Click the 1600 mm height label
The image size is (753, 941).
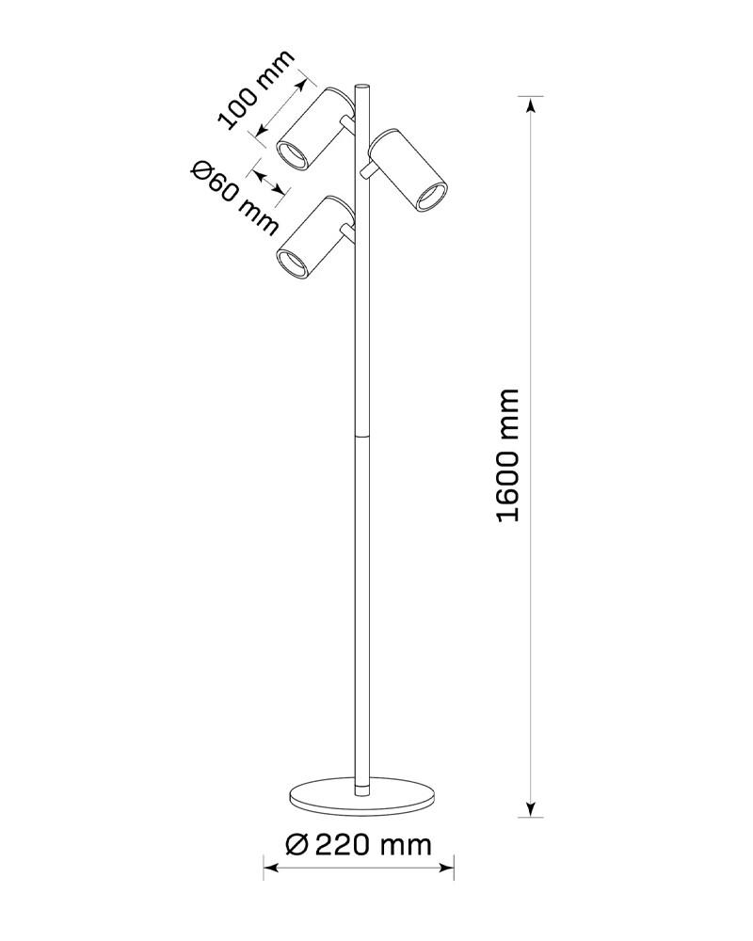coord(508,455)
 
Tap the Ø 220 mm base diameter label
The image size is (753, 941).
coord(359,845)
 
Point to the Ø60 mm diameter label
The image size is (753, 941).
coord(234,198)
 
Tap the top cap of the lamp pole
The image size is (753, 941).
coord(362,87)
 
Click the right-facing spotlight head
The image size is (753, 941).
coord(409,170)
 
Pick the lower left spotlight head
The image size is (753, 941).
coord(315,237)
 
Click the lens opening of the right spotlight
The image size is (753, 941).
coord(432,198)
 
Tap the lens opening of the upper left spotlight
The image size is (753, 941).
coord(293,155)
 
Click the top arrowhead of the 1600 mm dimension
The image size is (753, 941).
coord(530,105)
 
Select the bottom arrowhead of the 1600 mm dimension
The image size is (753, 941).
coord(530,807)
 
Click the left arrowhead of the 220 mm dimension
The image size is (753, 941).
coord(272,868)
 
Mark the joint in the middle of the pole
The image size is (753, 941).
coord(362,437)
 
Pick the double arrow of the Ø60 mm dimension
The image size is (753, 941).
coord(269,182)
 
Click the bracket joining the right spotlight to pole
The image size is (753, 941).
coord(366,173)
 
